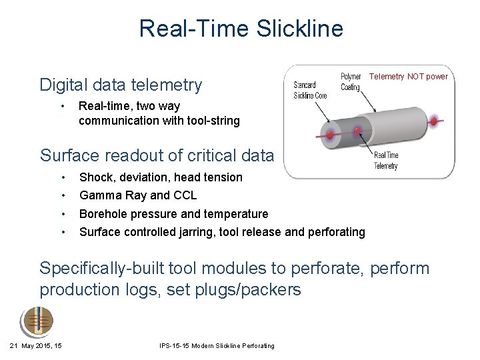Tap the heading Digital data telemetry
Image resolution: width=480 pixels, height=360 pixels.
pos(121,85)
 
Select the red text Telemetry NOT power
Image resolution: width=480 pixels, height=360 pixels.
pos(408,77)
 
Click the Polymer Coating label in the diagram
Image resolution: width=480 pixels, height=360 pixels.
pos(351,82)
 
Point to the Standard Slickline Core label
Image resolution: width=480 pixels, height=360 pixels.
pos(310,91)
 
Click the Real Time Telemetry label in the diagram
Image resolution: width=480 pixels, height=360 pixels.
pos(386,161)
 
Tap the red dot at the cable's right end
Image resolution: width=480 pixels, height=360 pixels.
pos(434,121)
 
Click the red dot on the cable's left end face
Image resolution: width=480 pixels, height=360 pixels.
pos(329,134)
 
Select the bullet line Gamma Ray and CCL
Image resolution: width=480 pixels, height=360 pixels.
pos(138,195)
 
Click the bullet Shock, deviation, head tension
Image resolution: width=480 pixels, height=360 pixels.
pos(161,177)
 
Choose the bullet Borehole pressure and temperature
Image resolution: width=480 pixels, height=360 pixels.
pos(173,214)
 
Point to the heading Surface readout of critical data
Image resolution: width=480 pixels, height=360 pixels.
pos(157,155)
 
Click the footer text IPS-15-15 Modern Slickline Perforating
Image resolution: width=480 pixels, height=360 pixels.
pos(217,345)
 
